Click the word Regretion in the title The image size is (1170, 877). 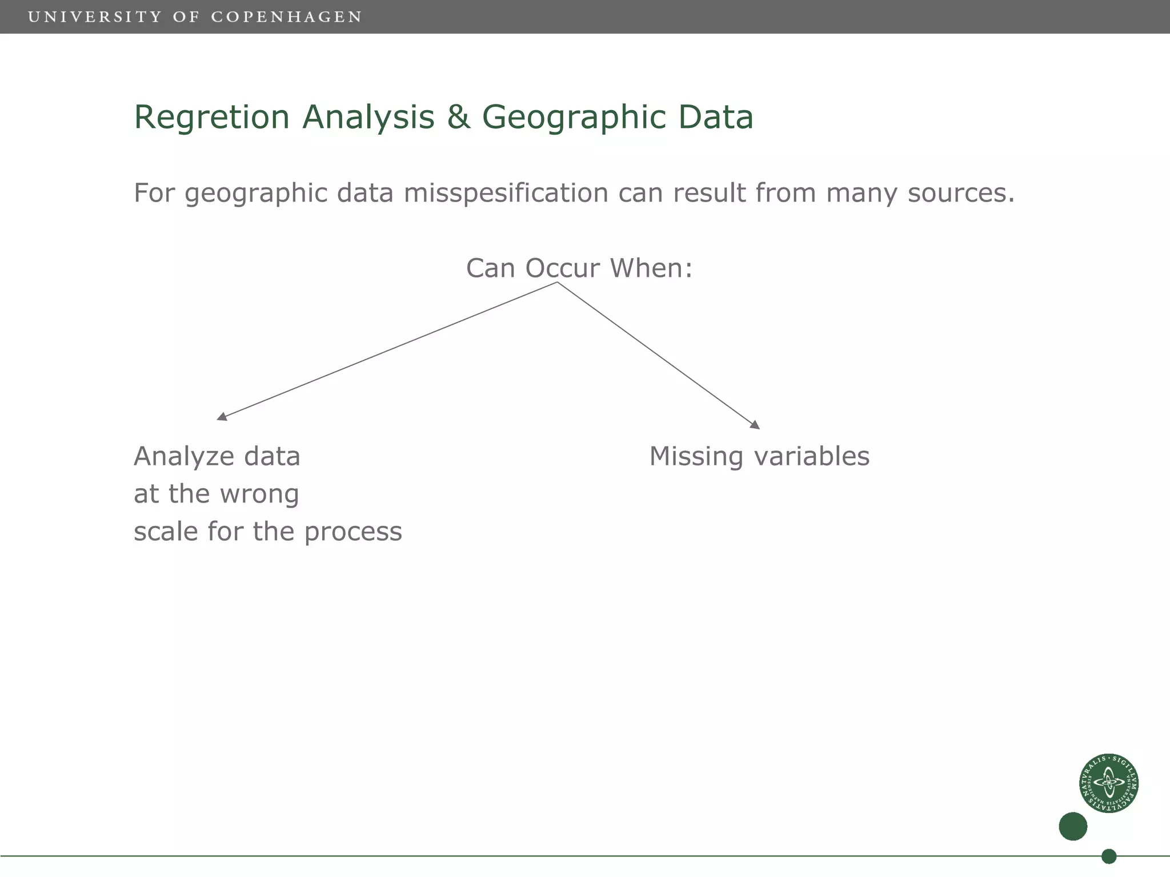click(211, 118)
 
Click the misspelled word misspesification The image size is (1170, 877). click(506, 194)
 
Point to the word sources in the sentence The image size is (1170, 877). click(961, 194)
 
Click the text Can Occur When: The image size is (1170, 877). click(579, 268)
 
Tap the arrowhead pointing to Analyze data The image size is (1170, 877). click(222, 417)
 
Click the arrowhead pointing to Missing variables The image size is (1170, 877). click(755, 425)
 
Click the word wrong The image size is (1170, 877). click(259, 494)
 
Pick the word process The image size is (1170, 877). click(352, 532)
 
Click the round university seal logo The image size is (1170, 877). click(1108, 783)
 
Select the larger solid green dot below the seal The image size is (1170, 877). click(1073, 826)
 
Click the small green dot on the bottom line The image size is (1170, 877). click(1109, 856)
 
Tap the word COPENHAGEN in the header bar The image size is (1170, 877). click(287, 17)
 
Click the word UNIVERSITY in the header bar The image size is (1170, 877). click(95, 17)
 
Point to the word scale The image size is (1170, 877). click(166, 532)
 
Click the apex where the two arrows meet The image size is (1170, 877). click(557, 283)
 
